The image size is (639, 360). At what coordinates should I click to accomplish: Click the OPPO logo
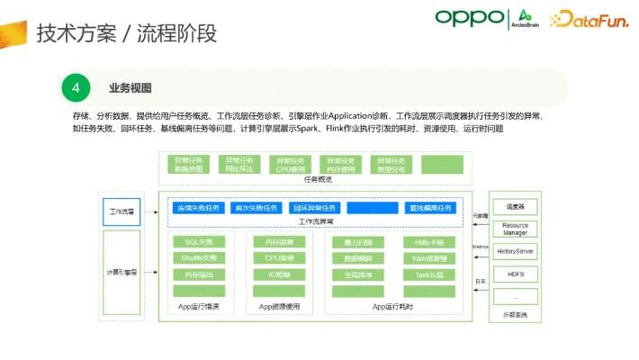coord(469,17)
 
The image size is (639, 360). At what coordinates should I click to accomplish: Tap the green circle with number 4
coord(76,88)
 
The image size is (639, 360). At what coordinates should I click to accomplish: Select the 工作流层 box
coord(121,213)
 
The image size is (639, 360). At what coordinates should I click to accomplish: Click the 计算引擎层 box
coord(121,271)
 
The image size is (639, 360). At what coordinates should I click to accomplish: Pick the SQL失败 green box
coord(199,242)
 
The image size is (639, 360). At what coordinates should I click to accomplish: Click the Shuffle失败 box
coord(199,258)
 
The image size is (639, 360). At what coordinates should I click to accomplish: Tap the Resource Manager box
coord(515,229)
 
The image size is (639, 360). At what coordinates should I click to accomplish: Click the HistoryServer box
coord(515,251)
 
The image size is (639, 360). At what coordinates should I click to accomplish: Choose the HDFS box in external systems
coord(515,274)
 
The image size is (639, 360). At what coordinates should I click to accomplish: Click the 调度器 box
coord(515,205)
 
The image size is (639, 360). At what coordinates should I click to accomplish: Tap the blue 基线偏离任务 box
coord(431,208)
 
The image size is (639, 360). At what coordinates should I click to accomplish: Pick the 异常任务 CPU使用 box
coord(290,165)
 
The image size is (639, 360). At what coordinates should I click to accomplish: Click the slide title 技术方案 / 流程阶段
coord(126,34)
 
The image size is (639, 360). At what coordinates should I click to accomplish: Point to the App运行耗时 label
coord(392,308)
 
